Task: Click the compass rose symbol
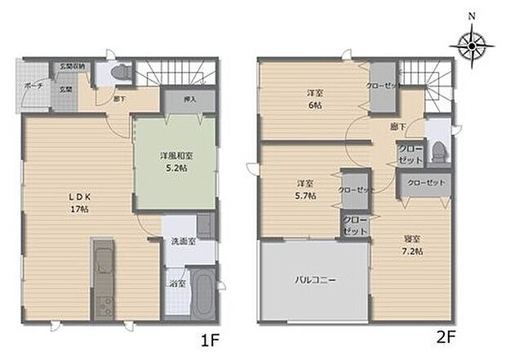[x=473, y=46]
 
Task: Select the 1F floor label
[x=207, y=337]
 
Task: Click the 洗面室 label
[x=180, y=242]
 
